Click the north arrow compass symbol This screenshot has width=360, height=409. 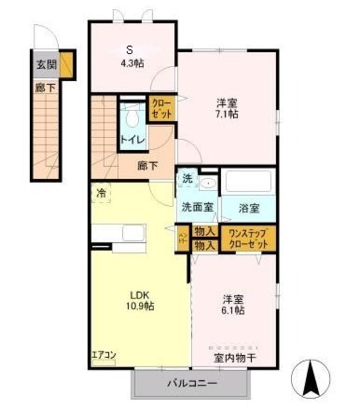pyautogui.click(x=311, y=378)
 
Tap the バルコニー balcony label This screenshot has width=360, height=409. pyautogui.click(x=192, y=383)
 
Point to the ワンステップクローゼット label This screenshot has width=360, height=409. pyautogui.click(x=249, y=239)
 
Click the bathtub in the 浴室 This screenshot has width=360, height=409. pyautogui.click(x=248, y=182)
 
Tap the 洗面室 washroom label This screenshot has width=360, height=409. pyautogui.click(x=197, y=207)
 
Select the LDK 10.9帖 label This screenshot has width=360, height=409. pyautogui.click(x=140, y=300)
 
